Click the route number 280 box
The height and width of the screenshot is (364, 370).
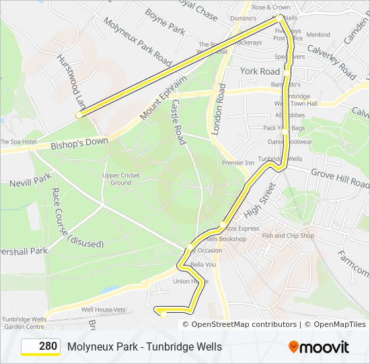(41, 346)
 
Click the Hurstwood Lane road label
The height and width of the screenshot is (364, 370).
(71, 82)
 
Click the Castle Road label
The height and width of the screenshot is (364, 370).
(178, 122)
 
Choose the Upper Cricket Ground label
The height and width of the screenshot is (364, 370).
(121, 179)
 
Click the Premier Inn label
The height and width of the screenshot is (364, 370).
(237, 163)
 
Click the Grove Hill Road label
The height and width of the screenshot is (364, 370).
(339, 179)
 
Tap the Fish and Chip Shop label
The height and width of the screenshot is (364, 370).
(288, 236)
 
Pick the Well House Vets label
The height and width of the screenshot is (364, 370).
(104, 309)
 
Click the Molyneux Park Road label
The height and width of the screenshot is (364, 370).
(137, 41)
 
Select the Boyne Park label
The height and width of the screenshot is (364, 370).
(165, 21)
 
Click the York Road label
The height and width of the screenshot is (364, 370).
(260, 71)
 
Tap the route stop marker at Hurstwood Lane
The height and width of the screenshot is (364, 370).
(79, 115)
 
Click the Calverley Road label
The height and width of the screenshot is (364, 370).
(331, 62)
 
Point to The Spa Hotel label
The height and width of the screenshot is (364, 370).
(17, 142)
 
